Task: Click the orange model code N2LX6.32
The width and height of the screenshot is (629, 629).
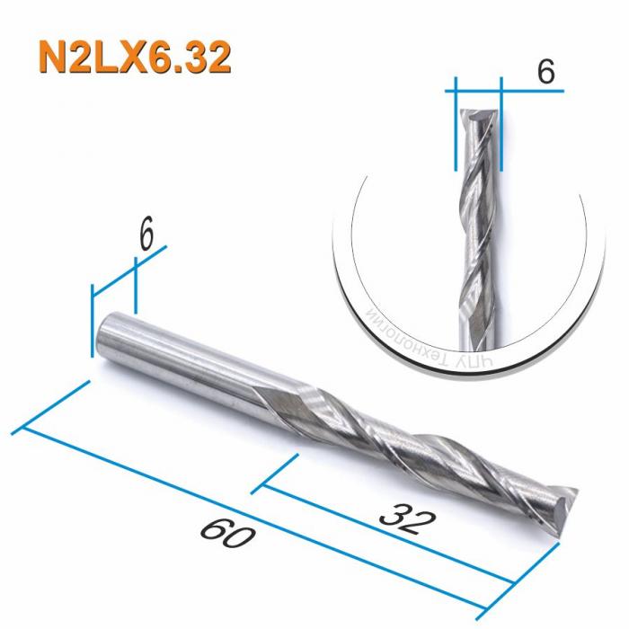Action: click(134, 58)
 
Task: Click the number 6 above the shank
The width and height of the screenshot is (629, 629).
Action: click(146, 235)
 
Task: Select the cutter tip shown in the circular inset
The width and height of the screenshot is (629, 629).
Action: click(478, 118)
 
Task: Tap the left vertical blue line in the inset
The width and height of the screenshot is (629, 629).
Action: click(456, 126)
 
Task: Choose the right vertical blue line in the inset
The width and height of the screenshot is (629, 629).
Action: click(500, 126)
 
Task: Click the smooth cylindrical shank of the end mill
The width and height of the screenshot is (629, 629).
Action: click(180, 359)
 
